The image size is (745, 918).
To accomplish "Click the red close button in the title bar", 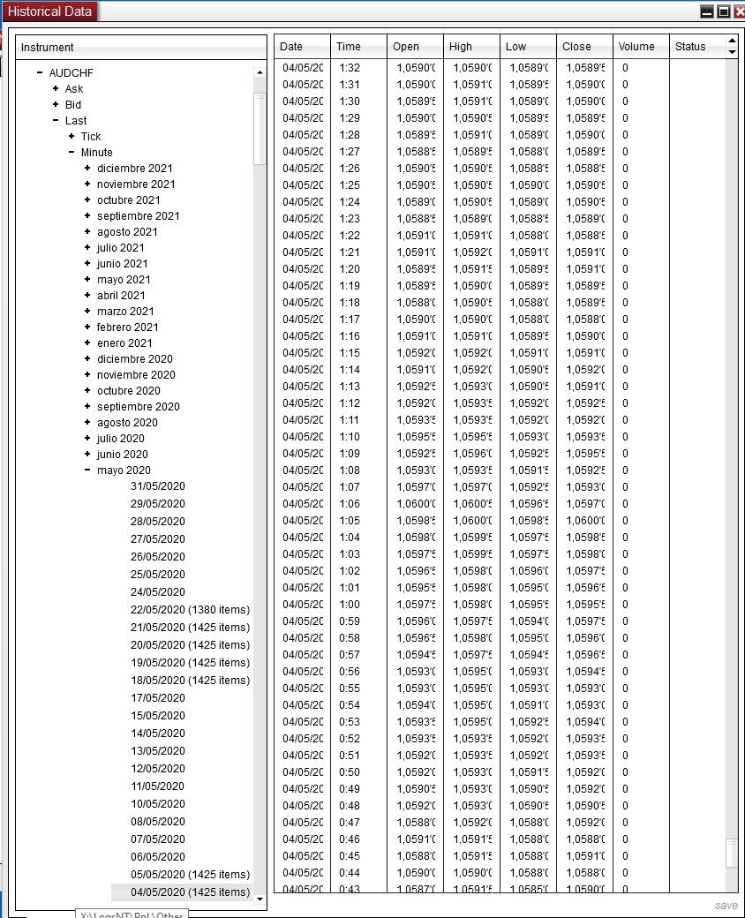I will tap(738, 11).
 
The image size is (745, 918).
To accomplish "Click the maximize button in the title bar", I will tap(723, 11).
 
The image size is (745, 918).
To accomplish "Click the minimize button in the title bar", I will tap(707, 11).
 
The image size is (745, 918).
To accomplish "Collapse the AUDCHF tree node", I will tap(40, 72).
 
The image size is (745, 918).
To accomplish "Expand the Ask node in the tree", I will tap(56, 88).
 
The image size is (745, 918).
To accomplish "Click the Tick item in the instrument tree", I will tap(91, 136).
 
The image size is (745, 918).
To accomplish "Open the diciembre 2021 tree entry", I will tap(134, 168).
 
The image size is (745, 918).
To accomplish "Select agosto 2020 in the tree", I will tap(127, 422).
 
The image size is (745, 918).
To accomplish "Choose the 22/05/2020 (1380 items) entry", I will tap(190, 609).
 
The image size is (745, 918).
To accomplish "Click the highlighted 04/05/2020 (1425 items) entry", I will tap(190, 892).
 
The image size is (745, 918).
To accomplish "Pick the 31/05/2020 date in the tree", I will tap(158, 485).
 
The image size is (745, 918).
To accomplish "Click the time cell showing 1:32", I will tap(350, 68).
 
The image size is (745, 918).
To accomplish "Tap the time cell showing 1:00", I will tap(350, 605).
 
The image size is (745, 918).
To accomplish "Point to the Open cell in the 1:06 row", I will tap(414, 504).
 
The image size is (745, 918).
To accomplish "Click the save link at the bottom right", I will tap(726, 906).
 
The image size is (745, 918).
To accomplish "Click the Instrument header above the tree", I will tap(48, 48).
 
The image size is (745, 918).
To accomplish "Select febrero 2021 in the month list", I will tap(127, 327).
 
